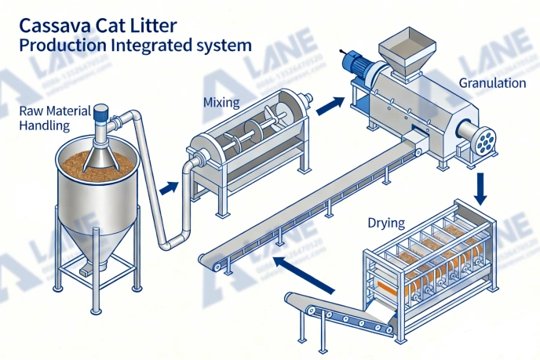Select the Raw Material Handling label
[x=57, y=117]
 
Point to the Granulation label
[x=492, y=83]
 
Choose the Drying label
[x=386, y=223]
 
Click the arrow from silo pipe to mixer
[x=167, y=188]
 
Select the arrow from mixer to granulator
[x=329, y=104]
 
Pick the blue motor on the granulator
[x=362, y=64]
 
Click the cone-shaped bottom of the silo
[x=97, y=238]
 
